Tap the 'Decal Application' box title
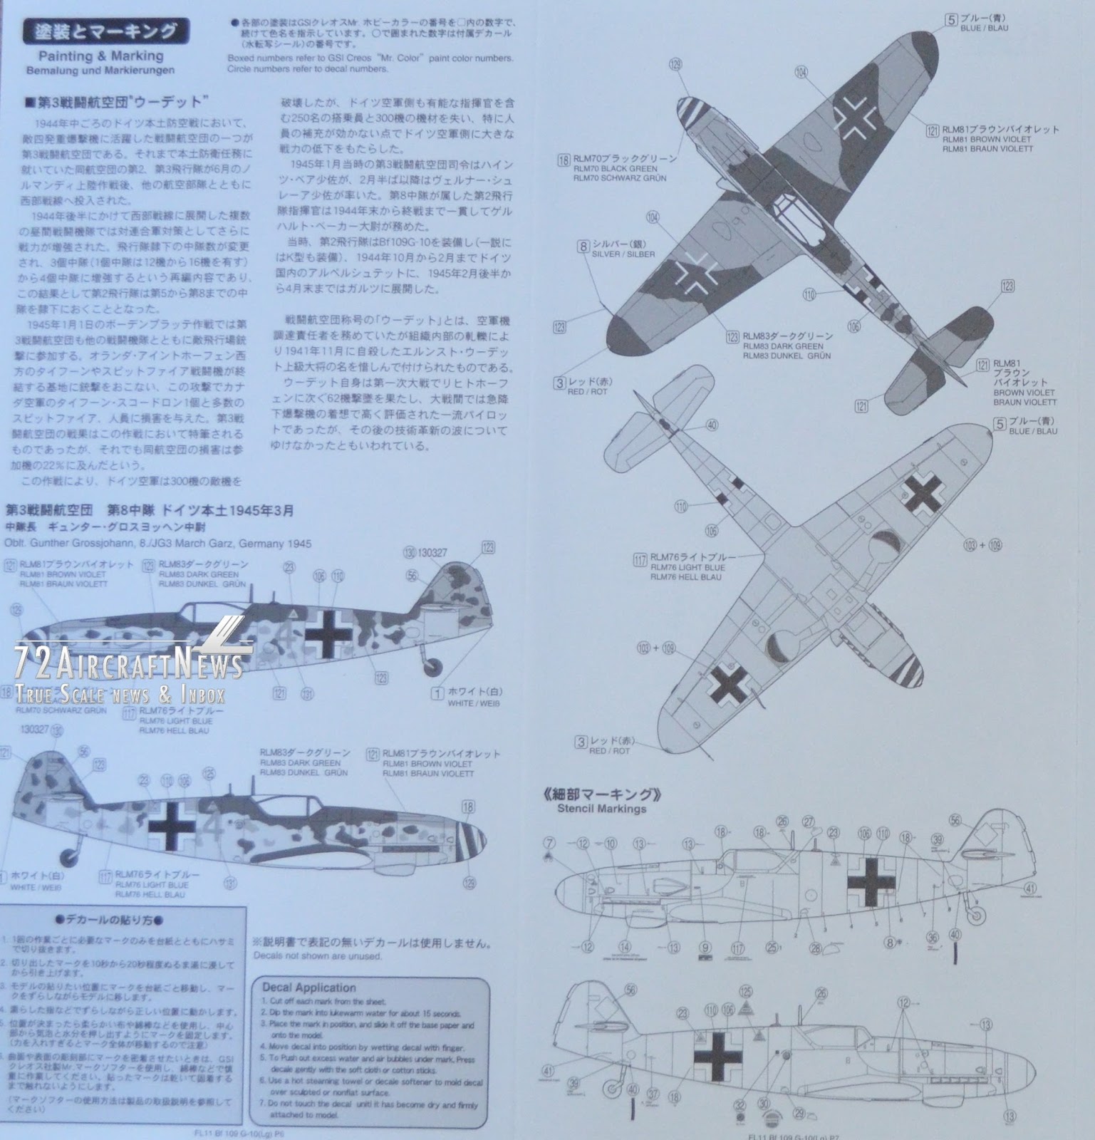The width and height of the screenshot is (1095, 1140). click(308, 988)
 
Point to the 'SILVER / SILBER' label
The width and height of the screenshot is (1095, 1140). click(622, 254)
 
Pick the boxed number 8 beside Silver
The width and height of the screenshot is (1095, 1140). click(584, 246)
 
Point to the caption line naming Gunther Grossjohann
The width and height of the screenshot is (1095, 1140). click(158, 544)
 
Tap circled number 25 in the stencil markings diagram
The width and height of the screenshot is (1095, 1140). click(771, 948)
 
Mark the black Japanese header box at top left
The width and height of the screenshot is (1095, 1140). click(107, 32)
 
